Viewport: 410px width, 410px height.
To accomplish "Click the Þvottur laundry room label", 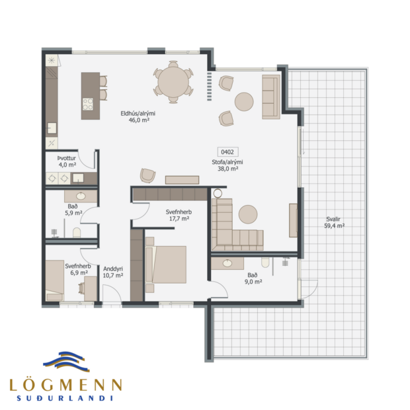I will pos(67,159).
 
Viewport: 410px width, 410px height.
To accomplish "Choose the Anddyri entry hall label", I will pos(114,268).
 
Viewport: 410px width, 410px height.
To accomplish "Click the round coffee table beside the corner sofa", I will pos(248,214).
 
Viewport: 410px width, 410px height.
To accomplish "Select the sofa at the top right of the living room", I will pos(269,97).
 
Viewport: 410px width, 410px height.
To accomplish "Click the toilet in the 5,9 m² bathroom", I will pos(77,233).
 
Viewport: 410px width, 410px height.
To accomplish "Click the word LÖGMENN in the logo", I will pos(65,384).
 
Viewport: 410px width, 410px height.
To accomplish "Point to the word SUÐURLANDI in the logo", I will pos(65,398).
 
